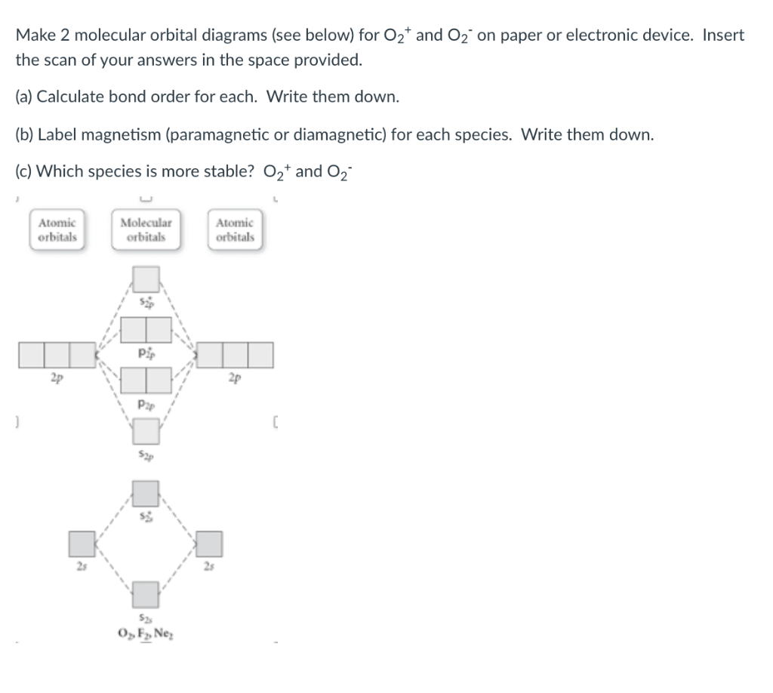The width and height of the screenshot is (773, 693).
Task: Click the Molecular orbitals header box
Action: (146, 229)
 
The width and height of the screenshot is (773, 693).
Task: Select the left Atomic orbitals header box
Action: (57, 229)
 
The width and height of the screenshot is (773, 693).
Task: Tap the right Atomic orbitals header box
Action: (235, 229)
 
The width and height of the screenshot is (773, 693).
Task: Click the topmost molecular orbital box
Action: (146, 279)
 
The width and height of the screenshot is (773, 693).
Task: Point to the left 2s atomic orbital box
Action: (82, 543)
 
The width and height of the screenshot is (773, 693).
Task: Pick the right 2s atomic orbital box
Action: (211, 543)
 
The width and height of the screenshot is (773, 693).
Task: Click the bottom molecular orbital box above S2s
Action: (146, 593)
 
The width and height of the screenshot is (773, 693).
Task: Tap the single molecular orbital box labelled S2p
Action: (146, 431)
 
